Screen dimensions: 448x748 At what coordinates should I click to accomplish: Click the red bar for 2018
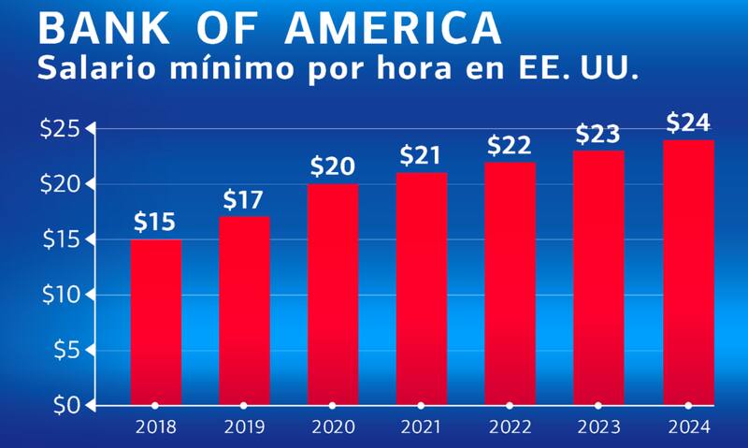click(x=155, y=322)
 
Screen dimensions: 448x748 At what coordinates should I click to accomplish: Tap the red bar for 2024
click(x=688, y=272)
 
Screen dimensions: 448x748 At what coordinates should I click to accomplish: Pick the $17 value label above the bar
click(x=244, y=200)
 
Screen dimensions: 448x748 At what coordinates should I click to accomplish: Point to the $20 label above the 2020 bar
click(x=332, y=167)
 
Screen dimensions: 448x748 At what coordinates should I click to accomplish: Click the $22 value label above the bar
click(x=510, y=146)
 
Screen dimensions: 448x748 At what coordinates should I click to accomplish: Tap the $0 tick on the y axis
click(x=66, y=406)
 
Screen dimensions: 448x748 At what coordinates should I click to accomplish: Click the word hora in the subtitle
click(x=424, y=68)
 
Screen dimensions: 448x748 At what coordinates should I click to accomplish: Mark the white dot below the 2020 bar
click(x=332, y=406)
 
